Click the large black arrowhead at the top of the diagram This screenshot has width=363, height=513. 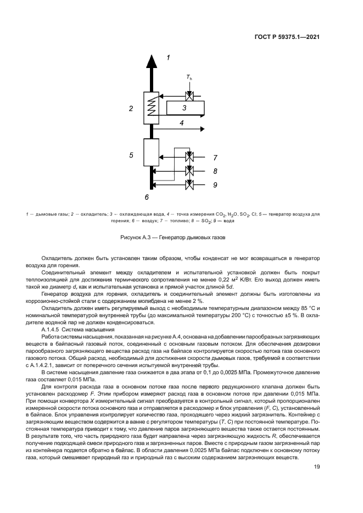click(151, 60)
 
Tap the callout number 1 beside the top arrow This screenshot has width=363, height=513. click(169, 57)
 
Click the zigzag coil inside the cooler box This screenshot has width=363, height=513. click(152, 108)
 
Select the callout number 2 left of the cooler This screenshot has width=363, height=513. click(131, 108)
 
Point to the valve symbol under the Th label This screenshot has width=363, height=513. click(189, 97)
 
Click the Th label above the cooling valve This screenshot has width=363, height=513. click(189, 78)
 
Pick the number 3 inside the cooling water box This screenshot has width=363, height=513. click(185, 109)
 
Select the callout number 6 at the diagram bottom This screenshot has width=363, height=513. click(147, 196)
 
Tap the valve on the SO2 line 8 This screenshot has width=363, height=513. click(189, 171)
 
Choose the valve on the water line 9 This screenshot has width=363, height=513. click(189, 185)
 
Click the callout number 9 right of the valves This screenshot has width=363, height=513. click(215, 185)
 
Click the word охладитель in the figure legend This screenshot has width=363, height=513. click(91, 212)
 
